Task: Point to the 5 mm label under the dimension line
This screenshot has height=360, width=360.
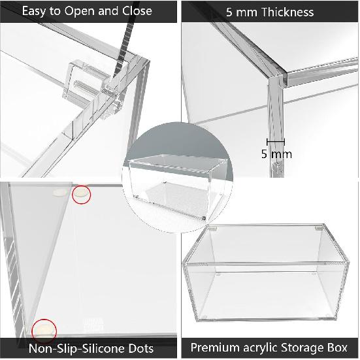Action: pos(276,154)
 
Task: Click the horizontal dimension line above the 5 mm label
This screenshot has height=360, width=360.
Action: pos(275,140)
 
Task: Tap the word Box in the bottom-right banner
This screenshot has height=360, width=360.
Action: pos(338,347)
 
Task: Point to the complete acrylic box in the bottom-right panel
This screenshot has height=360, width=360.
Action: pos(269,275)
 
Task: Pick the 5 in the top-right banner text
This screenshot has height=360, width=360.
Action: pos(229,12)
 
